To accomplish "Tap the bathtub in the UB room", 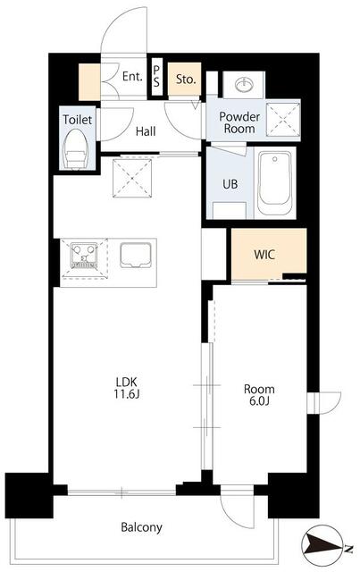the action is point(274,184).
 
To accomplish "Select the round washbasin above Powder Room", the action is point(245,85).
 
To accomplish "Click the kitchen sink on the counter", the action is point(135,255).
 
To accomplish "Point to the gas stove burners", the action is point(84,255).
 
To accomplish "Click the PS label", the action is point(156,77).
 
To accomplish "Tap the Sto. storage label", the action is point(186,80).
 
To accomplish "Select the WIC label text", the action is point(264,254).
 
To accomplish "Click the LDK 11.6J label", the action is point(127,388).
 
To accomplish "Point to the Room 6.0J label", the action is point(259,395).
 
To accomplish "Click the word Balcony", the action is point(141,527).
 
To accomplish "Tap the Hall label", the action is point(146,131).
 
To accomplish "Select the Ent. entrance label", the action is point(132,77).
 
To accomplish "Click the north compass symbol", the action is point(323,545).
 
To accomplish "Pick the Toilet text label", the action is point(78,119).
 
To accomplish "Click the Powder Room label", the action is point(239,122).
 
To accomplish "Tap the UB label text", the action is point(230,184).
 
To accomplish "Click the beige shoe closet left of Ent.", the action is point(89,81).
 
